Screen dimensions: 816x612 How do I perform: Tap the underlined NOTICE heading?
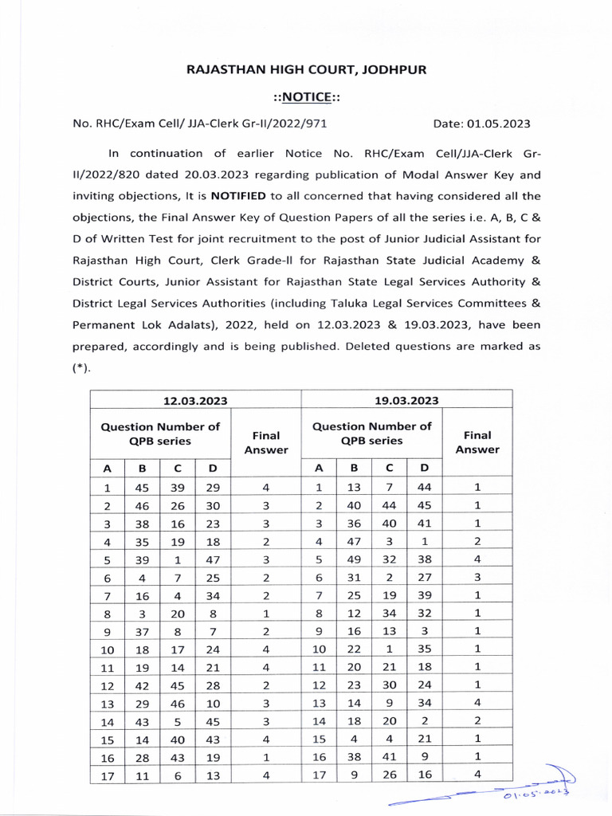(x=307, y=96)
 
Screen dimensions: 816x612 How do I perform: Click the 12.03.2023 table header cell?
(x=195, y=400)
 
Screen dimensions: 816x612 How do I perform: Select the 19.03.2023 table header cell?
(x=406, y=400)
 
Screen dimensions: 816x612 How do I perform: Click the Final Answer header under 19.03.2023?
(x=477, y=442)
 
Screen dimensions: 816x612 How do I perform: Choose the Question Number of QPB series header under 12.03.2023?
(x=160, y=433)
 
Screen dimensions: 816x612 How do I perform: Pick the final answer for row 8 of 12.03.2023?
(x=266, y=614)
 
